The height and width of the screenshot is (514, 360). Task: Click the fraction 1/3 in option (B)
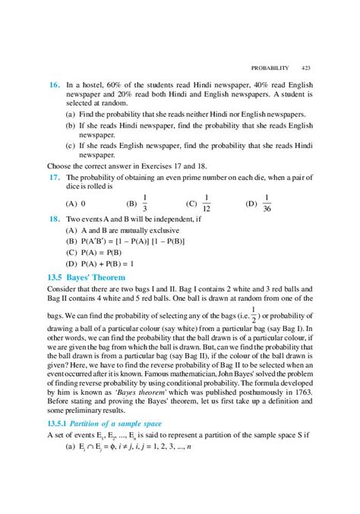tap(146, 203)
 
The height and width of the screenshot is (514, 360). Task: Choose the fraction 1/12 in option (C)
tap(205, 203)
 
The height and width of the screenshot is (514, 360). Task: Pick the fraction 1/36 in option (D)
tap(267, 203)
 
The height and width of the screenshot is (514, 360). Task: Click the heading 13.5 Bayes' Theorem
tap(82, 278)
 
